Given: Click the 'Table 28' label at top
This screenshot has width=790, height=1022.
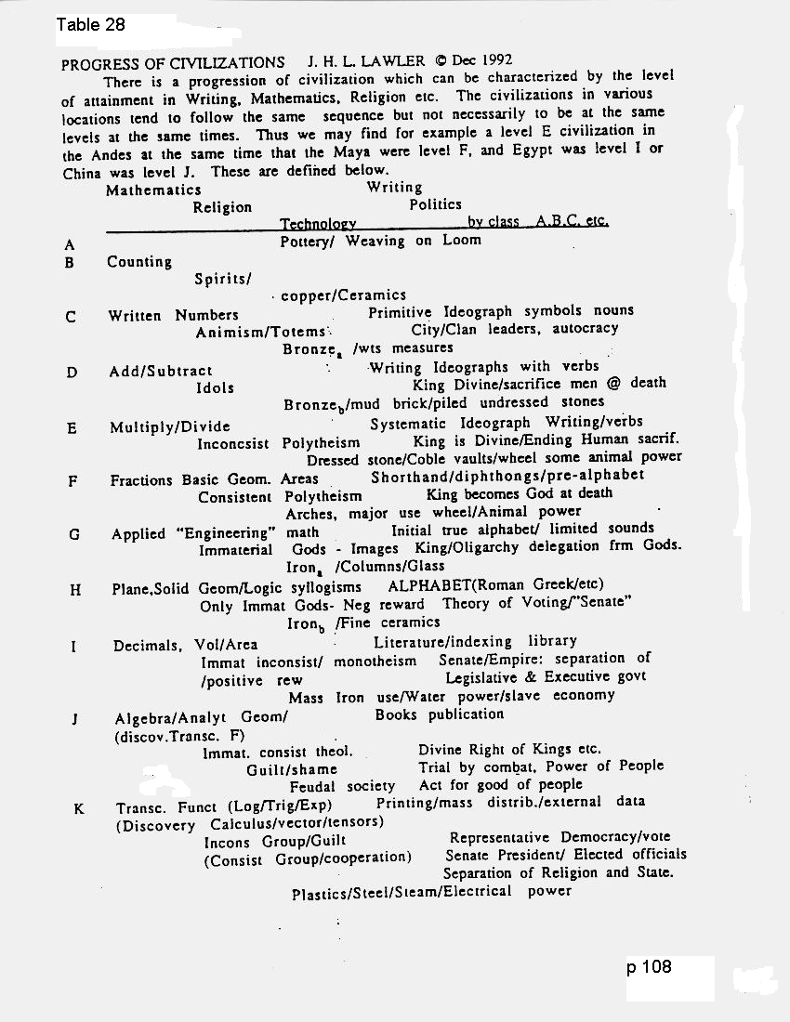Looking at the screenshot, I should [90, 25].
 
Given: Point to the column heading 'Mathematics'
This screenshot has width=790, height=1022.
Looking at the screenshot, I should [153, 190].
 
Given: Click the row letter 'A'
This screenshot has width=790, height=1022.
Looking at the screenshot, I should [69, 245].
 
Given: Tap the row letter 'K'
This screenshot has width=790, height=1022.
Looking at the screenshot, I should [78, 808].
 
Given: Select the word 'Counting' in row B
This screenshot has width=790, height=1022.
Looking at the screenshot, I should [139, 262].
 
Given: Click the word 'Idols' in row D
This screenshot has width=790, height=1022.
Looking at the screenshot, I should [215, 387].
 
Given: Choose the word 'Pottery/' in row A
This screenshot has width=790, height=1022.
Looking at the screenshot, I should [309, 241].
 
